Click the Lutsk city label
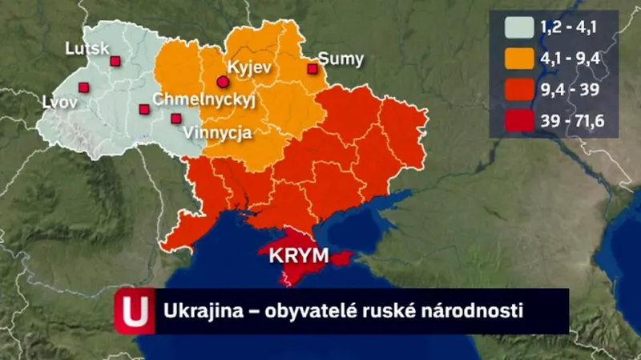tap(87, 49)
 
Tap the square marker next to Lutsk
tap(115, 61)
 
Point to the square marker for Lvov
tap(83, 88)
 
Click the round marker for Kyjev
tap(223, 81)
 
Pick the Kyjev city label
tap(252, 67)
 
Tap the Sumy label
tap(341, 59)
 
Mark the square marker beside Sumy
tap(312, 69)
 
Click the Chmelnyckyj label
tap(203, 100)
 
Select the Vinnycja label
tap(217, 131)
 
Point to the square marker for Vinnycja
tap(175, 119)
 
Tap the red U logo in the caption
tap(133, 311)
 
